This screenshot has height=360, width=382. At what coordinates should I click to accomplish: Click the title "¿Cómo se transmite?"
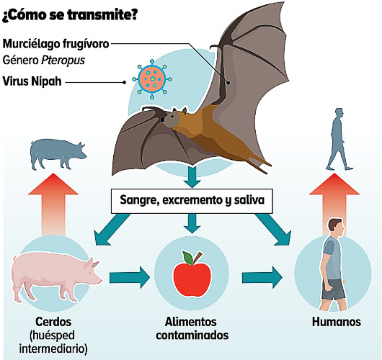click(x=70, y=15)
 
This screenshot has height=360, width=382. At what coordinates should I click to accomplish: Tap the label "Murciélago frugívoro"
click(x=55, y=44)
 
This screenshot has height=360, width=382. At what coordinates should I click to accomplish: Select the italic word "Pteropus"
click(x=63, y=60)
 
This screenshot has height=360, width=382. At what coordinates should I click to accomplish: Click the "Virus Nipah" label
click(x=32, y=81)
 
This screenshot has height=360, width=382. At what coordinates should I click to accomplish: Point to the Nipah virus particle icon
click(x=152, y=79)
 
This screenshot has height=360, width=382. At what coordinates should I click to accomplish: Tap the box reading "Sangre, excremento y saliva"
click(x=192, y=201)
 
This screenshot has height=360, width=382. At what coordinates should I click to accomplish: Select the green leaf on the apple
click(x=188, y=258)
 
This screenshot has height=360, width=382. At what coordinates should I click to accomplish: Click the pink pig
click(x=56, y=276)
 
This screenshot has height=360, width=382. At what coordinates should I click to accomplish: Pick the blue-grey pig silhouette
click(x=58, y=154)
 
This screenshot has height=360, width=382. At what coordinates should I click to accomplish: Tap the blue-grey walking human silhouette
click(x=339, y=139)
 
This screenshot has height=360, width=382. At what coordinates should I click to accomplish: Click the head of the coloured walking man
click(x=336, y=225)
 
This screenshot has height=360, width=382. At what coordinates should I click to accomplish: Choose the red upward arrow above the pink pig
click(x=53, y=204)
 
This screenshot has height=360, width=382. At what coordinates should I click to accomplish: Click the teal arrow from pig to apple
click(x=130, y=277)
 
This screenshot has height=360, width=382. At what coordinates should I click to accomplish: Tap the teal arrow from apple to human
click(x=262, y=277)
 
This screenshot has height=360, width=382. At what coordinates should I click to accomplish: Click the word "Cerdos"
click(x=53, y=322)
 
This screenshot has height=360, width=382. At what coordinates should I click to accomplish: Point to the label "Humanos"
click(x=337, y=322)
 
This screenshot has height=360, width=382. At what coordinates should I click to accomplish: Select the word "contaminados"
click(x=192, y=336)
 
